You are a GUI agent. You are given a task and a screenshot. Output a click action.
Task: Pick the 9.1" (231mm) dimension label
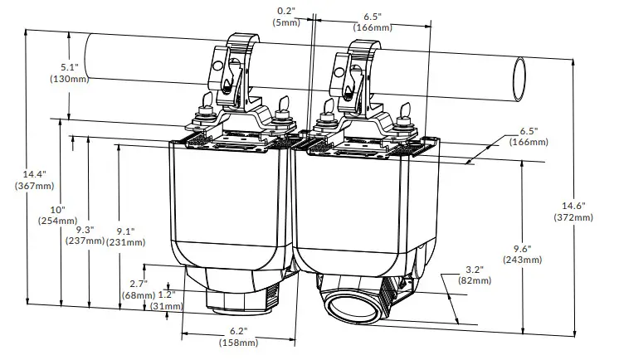click(x=125, y=236)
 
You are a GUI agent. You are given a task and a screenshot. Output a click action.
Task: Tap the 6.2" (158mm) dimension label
click(x=238, y=337)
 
